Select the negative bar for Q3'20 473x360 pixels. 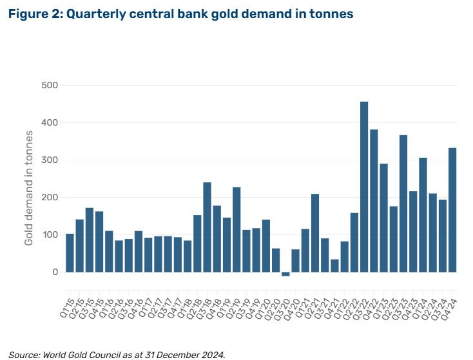(285, 274)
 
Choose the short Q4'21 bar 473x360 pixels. (334, 265)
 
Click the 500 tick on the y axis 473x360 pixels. (49, 85)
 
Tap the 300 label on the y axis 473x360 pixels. (49, 160)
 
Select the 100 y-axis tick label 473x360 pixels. (49, 234)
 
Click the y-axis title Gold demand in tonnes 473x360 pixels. (29, 187)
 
